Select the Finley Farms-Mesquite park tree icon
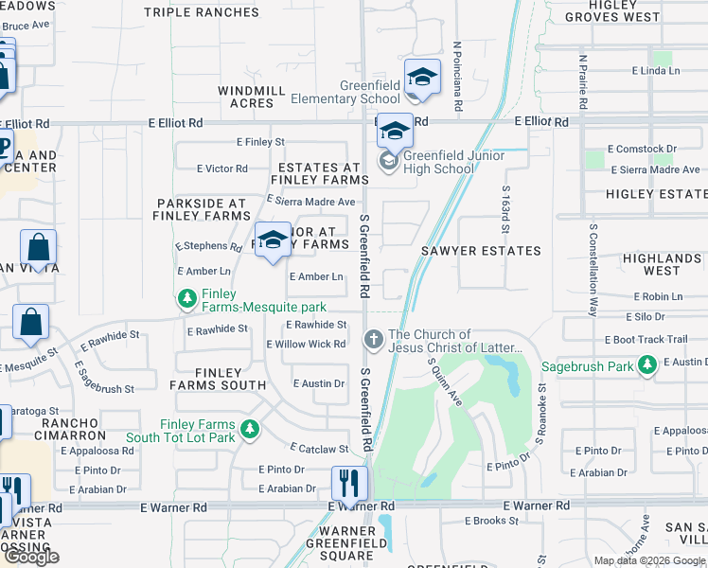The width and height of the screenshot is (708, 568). [187, 299]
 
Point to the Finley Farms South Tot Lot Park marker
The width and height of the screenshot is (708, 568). [250, 431]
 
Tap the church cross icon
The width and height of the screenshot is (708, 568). [374, 339]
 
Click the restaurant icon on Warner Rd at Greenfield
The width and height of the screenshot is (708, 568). [349, 484]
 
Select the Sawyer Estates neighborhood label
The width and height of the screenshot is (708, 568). [481, 251]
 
